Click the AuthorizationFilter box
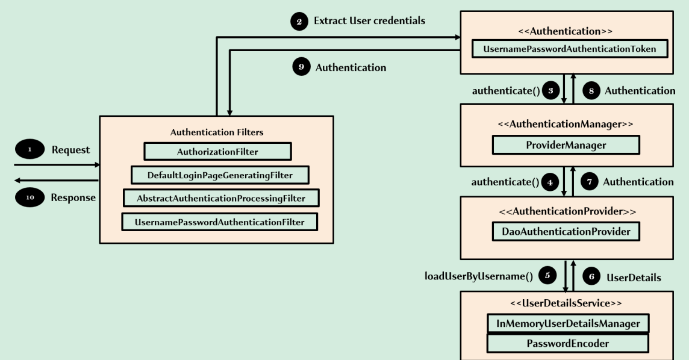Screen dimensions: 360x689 click(x=217, y=152)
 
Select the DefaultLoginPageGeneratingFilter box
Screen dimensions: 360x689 click(x=220, y=175)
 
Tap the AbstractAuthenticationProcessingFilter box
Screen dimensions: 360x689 click(x=220, y=198)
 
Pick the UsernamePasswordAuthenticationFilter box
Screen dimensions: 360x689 click(x=219, y=222)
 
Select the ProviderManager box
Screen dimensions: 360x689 click(x=566, y=145)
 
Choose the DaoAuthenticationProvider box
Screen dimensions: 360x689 click(x=566, y=231)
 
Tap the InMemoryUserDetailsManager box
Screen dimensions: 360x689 click(x=567, y=323)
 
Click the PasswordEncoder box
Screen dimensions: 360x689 click(x=567, y=343)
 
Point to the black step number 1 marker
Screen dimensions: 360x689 click(x=29, y=150)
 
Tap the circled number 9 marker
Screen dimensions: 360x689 click(x=301, y=67)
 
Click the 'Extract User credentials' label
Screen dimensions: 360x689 click(x=369, y=21)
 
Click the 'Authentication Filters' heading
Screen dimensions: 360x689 click(x=216, y=131)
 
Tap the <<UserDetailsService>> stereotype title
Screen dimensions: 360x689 click(x=566, y=303)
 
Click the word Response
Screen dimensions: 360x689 click(x=73, y=197)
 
